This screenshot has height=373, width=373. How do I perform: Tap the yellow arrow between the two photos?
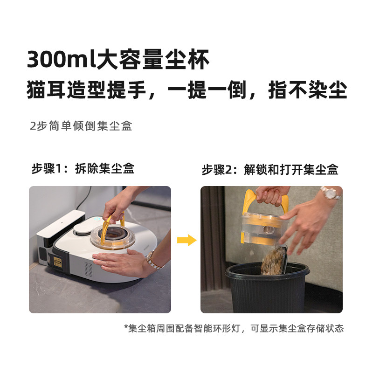pos(186,241)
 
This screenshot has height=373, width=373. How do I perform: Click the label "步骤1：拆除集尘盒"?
pos(83,169)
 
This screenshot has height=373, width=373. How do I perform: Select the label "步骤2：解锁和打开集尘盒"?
pos(270,169)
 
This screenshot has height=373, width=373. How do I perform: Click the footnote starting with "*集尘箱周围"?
pos(234,328)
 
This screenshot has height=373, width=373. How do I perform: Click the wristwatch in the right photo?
pos(330,193)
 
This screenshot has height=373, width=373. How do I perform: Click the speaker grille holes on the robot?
pos(88,268)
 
